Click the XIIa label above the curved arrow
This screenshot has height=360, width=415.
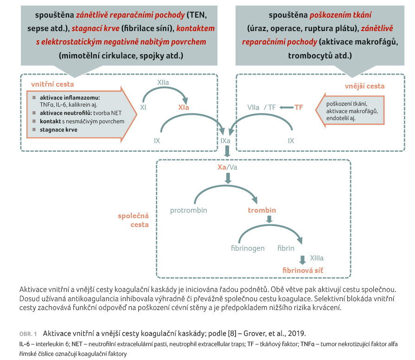(163, 82)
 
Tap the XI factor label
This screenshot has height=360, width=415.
(144, 107)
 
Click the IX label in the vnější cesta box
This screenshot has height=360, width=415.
(291, 140)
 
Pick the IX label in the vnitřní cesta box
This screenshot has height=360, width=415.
(157, 140)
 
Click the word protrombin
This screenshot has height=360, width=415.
(188, 210)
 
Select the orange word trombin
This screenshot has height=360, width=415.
(262, 210)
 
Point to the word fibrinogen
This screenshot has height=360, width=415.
(248, 248)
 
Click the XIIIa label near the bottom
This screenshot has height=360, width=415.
(316, 258)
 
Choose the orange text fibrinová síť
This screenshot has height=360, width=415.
(302, 269)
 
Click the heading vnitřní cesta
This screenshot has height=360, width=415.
(52, 85)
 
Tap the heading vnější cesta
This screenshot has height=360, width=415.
(364, 86)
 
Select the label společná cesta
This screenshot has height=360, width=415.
(133, 221)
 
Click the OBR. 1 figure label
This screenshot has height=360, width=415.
(28, 334)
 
